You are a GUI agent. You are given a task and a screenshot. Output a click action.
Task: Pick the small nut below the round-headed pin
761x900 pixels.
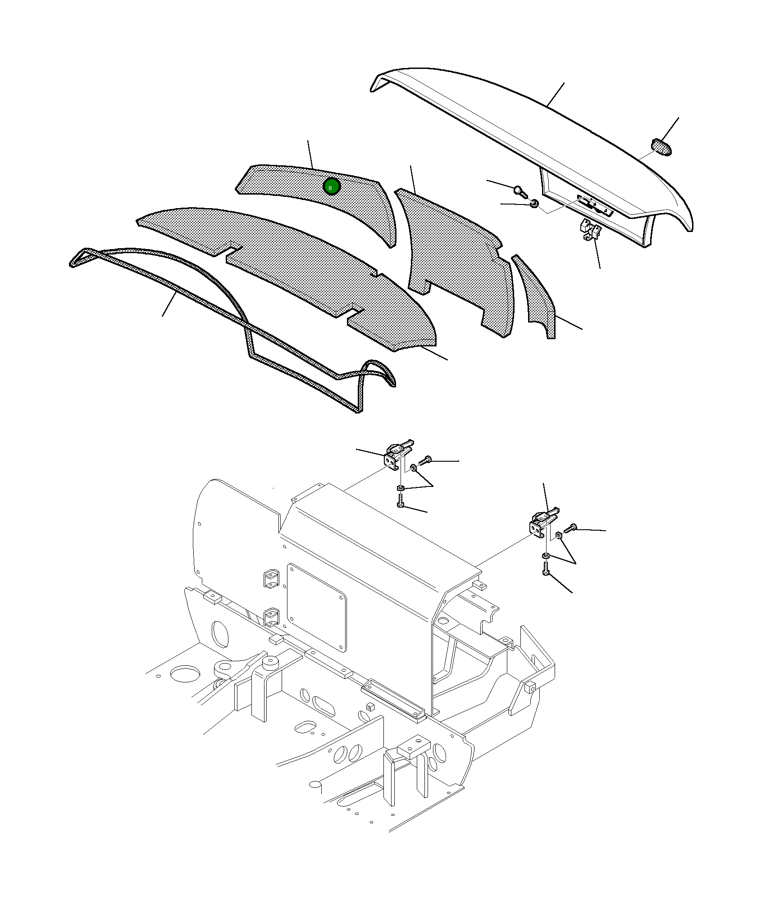(x=534, y=204)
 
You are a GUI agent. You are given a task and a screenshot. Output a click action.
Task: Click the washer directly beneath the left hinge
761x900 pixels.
(x=400, y=488)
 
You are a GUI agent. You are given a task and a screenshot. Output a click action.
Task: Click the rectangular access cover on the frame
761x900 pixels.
(x=317, y=607)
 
